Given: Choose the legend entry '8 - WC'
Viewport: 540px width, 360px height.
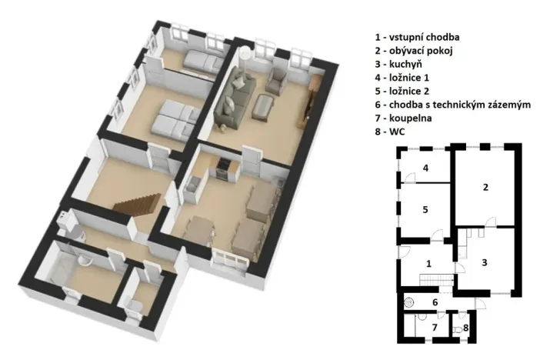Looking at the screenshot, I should click(390, 132).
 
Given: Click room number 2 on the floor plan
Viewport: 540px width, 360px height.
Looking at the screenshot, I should click(485, 187).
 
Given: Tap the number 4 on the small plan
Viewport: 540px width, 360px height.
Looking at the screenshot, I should click(425, 167).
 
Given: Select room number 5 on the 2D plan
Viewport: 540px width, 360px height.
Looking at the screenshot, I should click(425, 208).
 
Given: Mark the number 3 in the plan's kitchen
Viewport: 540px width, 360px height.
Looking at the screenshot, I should click(484, 262).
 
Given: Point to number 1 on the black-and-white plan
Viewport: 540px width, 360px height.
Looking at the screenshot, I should click(428, 263).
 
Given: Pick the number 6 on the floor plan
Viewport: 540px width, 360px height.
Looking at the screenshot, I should click(435, 302).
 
